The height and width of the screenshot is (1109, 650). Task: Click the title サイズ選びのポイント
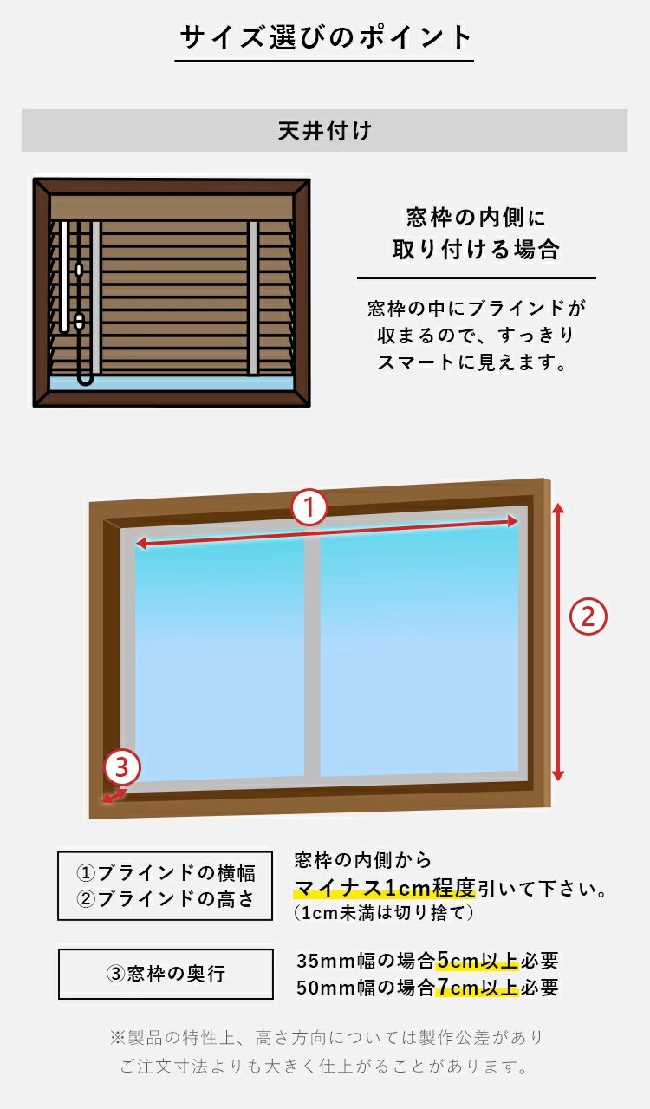[325, 37]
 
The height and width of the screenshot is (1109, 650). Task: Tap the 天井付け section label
[324, 131]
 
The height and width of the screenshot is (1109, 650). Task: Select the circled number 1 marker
[309, 507]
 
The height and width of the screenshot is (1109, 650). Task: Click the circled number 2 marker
[588, 617]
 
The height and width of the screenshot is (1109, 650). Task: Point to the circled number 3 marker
[122, 767]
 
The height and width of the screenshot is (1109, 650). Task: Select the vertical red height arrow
[558, 642]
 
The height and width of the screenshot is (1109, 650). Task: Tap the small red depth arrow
[114, 795]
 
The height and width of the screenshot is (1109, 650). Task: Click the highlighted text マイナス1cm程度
[385, 888]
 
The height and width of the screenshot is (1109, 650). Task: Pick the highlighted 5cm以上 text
[477, 961]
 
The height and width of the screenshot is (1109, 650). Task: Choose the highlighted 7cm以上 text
[477, 987]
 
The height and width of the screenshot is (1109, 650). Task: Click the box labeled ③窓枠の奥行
[165, 974]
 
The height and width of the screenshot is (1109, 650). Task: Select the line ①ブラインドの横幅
[165, 872]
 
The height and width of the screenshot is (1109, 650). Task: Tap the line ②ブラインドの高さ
[165, 899]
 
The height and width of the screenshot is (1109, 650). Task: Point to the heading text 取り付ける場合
[476, 251]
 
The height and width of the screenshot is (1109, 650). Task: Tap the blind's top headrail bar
[172, 207]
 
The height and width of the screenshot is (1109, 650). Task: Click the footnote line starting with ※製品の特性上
[326, 1037]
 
